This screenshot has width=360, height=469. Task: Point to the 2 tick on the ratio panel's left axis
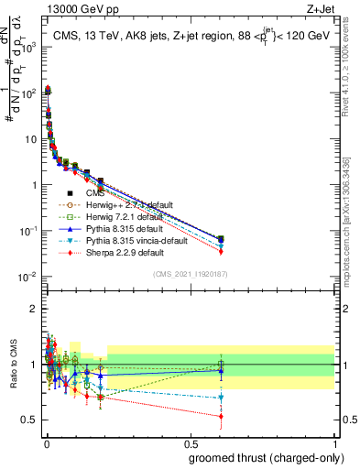coord(33,308)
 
